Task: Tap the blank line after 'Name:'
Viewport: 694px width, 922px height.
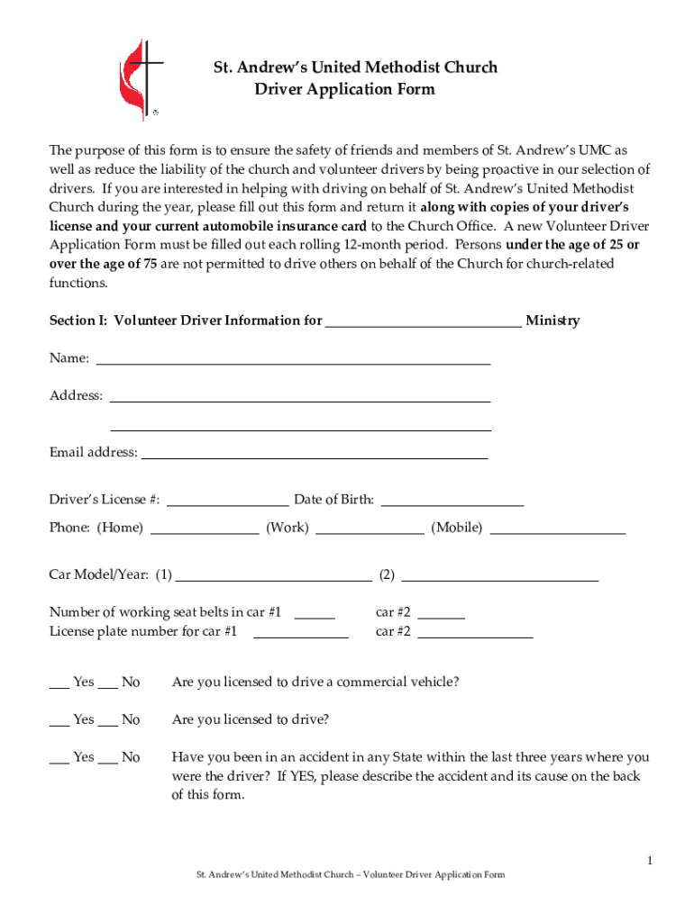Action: click(293, 359)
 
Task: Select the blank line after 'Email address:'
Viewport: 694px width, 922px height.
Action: click(314, 454)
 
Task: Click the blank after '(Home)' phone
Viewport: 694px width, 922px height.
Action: click(205, 529)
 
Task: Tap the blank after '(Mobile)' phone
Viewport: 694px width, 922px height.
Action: click(557, 529)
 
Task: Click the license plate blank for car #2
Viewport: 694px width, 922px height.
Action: click(475, 633)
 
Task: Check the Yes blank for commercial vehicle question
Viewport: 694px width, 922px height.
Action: click(59, 683)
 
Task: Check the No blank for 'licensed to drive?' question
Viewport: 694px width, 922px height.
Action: click(107, 721)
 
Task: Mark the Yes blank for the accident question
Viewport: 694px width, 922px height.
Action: click(59, 759)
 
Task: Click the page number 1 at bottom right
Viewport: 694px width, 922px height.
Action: click(648, 862)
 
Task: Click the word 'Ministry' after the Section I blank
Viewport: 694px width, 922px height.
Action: click(552, 321)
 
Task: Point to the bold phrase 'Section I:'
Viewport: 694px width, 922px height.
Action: click(78, 321)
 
